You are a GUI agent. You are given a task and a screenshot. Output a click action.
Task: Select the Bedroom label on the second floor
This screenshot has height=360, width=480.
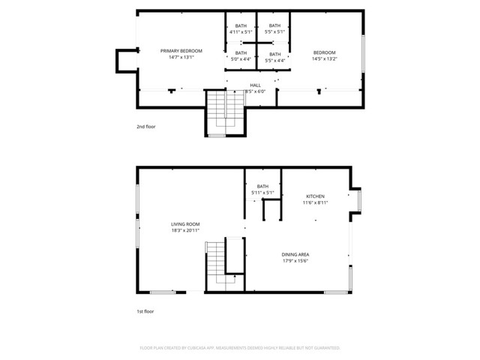324,52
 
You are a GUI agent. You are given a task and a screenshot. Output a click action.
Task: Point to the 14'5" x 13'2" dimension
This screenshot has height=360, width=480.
324,58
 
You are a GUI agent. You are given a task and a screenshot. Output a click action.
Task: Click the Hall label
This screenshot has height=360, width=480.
256,85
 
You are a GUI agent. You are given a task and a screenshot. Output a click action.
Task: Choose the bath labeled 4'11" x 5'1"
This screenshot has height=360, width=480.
240,29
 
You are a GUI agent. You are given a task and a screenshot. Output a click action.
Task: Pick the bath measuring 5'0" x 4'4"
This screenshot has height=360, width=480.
240,56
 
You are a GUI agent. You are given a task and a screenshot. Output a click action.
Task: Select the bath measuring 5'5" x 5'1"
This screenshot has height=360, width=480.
274,29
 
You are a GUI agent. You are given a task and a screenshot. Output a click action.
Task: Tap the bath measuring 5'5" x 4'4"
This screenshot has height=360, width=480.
274,57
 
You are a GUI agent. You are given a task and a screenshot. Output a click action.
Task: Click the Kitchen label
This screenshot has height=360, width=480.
314,196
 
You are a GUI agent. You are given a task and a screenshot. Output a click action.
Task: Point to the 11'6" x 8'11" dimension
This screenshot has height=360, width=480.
314,202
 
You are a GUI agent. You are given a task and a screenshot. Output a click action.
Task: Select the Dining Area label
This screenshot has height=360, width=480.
295,254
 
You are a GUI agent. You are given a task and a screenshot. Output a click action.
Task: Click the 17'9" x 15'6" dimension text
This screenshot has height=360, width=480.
295,262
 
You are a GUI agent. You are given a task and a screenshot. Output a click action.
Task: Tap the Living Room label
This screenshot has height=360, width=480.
185,223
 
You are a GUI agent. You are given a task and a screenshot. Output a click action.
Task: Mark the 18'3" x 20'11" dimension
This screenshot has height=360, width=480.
185,230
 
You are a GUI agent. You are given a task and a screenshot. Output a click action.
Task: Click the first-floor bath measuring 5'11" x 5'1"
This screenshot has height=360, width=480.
262,189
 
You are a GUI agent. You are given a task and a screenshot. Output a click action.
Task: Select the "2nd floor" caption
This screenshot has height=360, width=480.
146,127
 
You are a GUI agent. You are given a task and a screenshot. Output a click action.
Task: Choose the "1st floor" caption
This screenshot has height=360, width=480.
145,310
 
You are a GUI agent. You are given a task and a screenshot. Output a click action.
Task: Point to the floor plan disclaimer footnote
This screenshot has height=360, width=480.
240,348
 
